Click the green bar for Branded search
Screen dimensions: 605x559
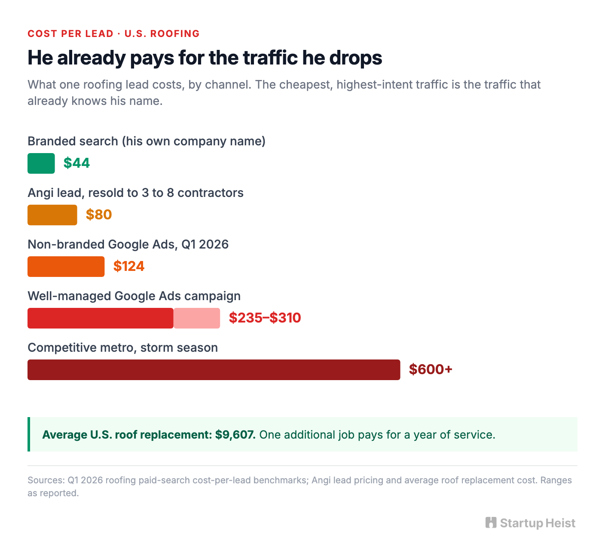coord(41,163)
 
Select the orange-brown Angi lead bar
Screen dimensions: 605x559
coord(52,215)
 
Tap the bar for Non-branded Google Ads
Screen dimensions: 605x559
coord(66,266)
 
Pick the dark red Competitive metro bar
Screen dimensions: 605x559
coord(214,370)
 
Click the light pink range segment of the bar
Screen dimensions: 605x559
coord(197,318)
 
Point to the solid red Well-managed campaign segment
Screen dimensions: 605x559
coord(101,318)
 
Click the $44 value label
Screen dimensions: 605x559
coord(76,163)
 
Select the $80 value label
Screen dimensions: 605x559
coord(99,215)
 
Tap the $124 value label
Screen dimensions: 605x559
coord(128,266)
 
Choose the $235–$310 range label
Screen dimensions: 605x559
coord(265,318)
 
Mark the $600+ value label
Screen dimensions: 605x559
coord(431,369)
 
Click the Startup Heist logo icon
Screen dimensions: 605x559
coord(491,522)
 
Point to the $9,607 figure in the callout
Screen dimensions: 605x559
coord(235,435)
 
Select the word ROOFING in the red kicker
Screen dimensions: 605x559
coord(175,34)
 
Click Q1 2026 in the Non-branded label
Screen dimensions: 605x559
coord(205,244)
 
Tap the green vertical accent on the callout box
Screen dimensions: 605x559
coord(29,434)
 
